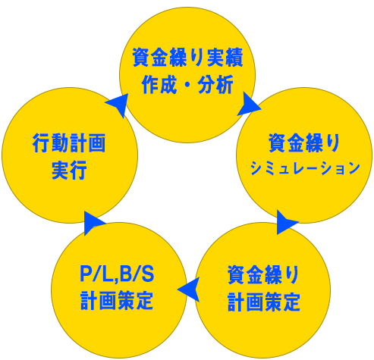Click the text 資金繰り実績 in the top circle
point(187,58)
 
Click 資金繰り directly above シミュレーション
point(305,142)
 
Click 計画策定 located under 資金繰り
point(263,302)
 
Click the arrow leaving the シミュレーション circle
point(287,223)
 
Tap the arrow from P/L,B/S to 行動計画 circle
point(94,222)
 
